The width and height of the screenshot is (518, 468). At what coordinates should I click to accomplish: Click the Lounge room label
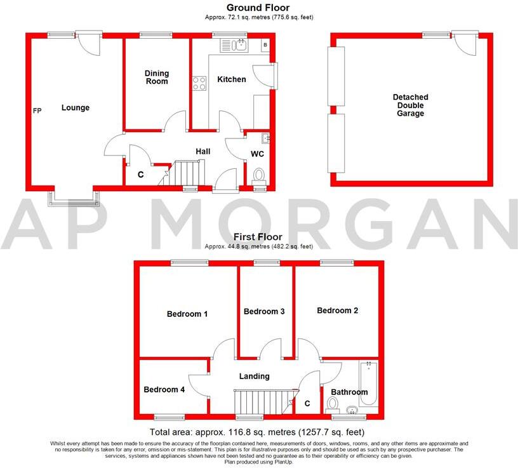point(76,107)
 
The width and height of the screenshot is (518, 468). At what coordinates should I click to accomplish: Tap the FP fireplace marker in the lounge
point(37,111)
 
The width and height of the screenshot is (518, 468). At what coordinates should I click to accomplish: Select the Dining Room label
point(156,77)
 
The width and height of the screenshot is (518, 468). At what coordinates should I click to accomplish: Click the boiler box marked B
point(265,45)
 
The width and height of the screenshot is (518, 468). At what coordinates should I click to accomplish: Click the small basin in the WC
point(265,137)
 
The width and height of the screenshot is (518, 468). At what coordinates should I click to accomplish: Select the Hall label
point(203,151)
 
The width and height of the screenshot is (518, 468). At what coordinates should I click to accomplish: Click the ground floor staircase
point(187,172)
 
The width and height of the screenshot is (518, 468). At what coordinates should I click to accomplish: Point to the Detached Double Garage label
point(410,105)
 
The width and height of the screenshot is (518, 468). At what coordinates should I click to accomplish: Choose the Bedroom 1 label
point(187,314)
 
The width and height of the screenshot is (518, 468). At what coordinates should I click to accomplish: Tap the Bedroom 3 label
point(264,311)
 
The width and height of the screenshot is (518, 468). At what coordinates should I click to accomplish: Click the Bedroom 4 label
point(164,389)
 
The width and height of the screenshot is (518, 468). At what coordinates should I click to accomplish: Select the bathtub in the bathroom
point(368,384)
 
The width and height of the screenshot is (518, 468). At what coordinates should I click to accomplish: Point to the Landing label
point(254,376)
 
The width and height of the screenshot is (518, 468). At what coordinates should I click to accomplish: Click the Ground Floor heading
point(258,8)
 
